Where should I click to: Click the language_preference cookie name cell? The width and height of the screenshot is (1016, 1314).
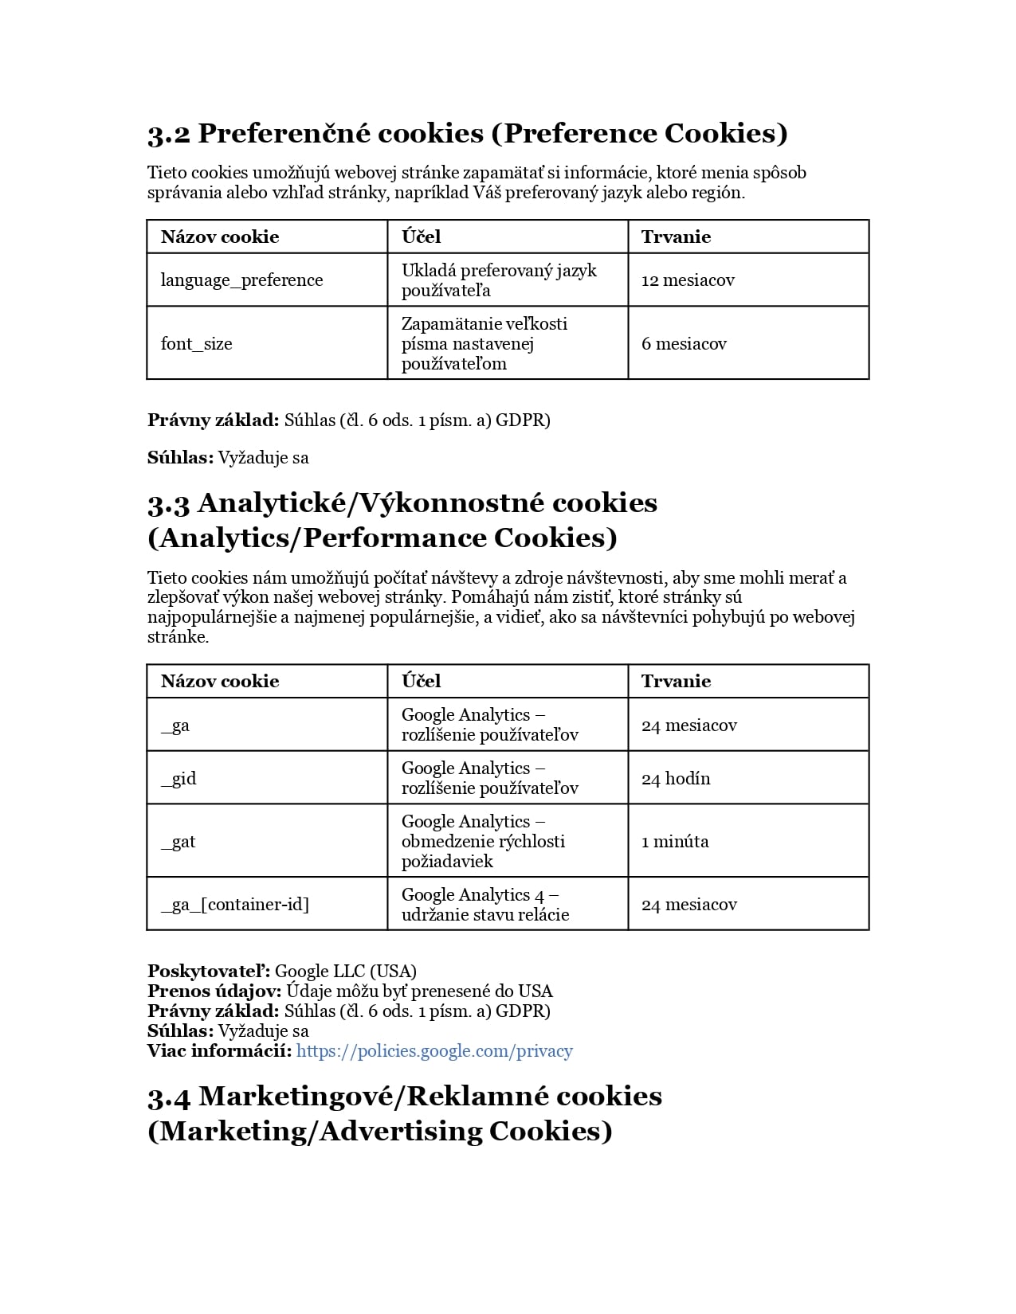pyautogui.click(x=241, y=280)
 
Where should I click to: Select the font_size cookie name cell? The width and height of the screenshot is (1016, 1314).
pyautogui.click(x=196, y=344)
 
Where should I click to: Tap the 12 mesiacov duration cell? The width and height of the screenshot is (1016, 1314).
pyautogui.click(x=688, y=280)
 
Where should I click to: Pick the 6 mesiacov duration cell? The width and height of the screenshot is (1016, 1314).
pyautogui.click(x=684, y=344)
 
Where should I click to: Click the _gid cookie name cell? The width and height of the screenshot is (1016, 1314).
pyautogui.click(x=178, y=778)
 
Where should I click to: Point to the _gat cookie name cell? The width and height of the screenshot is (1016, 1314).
pyautogui.click(x=178, y=842)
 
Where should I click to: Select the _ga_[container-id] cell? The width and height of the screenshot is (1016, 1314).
pyautogui.click(x=234, y=905)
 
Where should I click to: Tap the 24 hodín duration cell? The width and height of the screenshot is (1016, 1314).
pyautogui.click(x=676, y=778)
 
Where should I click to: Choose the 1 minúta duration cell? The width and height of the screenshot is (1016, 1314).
pyautogui.click(x=675, y=842)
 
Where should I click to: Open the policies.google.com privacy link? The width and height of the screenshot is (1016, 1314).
pyautogui.click(x=434, y=1051)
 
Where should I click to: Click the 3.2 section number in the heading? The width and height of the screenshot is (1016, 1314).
pyautogui.click(x=169, y=134)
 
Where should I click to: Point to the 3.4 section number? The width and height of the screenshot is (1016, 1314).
pyautogui.click(x=169, y=1097)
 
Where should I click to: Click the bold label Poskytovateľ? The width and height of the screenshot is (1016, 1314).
pyautogui.click(x=209, y=972)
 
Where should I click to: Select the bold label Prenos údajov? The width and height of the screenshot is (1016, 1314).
pyautogui.click(x=214, y=991)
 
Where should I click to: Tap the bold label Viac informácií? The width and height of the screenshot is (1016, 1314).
pyautogui.click(x=220, y=1051)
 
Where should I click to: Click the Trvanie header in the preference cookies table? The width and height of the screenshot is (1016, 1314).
pyautogui.click(x=676, y=237)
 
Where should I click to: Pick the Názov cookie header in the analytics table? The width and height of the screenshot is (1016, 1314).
pyautogui.click(x=220, y=682)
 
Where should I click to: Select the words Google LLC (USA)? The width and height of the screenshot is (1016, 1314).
pyautogui.click(x=346, y=972)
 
